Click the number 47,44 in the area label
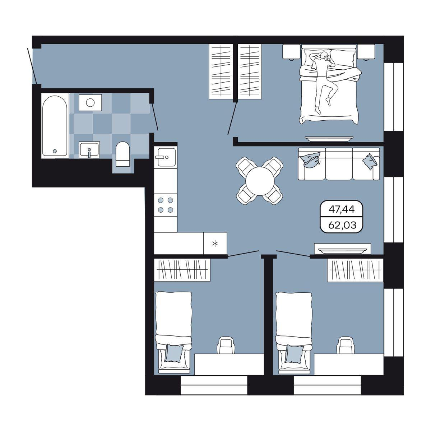point(342,209)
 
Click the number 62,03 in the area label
point(342,225)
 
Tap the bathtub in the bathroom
point(55,126)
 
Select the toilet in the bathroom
point(122,154)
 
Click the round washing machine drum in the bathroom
point(91,103)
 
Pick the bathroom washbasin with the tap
point(89,150)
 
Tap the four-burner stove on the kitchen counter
point(166,205)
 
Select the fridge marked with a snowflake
point(215,244)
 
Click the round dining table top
point(260,181)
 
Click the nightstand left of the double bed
point(291,52)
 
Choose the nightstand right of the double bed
point(366,52)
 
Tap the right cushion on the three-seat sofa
point(370,161)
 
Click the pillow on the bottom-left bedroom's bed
point(173,360)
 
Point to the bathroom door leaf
point(155,116)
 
